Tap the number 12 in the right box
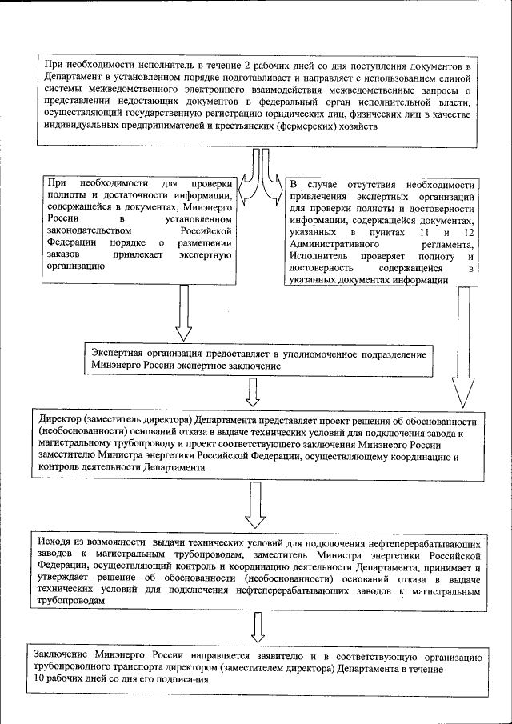(x=466, y=232)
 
